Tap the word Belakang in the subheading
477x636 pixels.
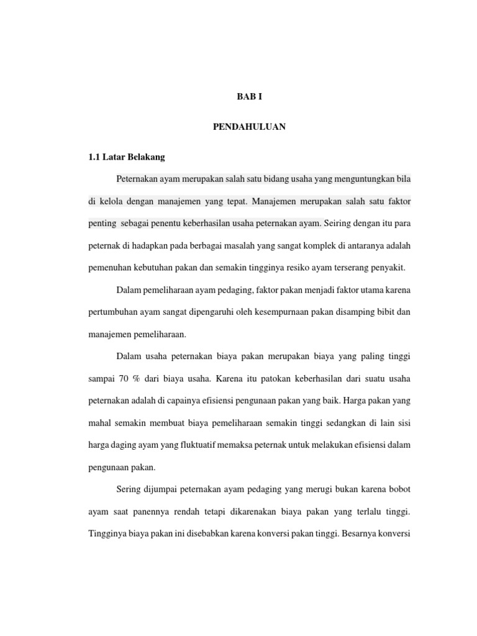click(x=145, y=157)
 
